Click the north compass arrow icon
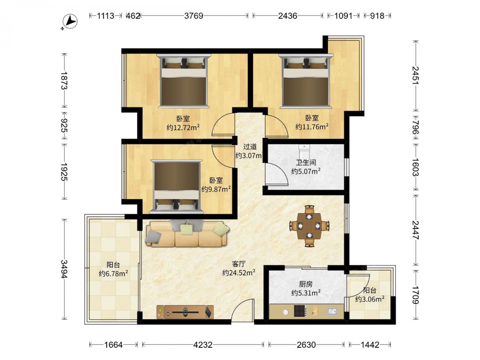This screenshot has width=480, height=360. click(x=70, y=22)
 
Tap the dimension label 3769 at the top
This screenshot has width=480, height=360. click(x=193, y=16)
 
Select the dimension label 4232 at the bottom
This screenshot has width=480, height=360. click(x=203, y=345)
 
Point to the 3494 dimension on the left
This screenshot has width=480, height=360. click(x=64, y=269)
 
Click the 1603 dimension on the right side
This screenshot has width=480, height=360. click(x=415, y=167)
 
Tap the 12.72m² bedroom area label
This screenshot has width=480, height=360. click(x=183, y=127)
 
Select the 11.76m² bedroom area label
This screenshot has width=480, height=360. click(x=312, y=126)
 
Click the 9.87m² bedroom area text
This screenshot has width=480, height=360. click(x=216, y=189)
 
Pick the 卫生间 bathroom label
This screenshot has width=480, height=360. click(x=306, y=163)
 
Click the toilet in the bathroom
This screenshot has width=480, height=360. click(x=304, y=151)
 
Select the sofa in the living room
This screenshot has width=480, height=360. click(x=188, y=233)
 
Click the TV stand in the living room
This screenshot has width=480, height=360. click(x=185, y=312)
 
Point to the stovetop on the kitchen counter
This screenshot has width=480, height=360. click(x=300, y=312)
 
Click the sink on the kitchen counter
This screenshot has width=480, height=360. click(x=332, y=312)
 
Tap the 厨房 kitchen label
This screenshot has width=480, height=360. click(x=306, y=284)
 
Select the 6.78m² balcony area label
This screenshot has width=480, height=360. click(x=113, y=274)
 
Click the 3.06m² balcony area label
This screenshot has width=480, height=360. click(x=370, y=299)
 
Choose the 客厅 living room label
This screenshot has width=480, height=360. click(x=239, y=264)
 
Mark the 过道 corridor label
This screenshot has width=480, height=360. click(x=250, y=147)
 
